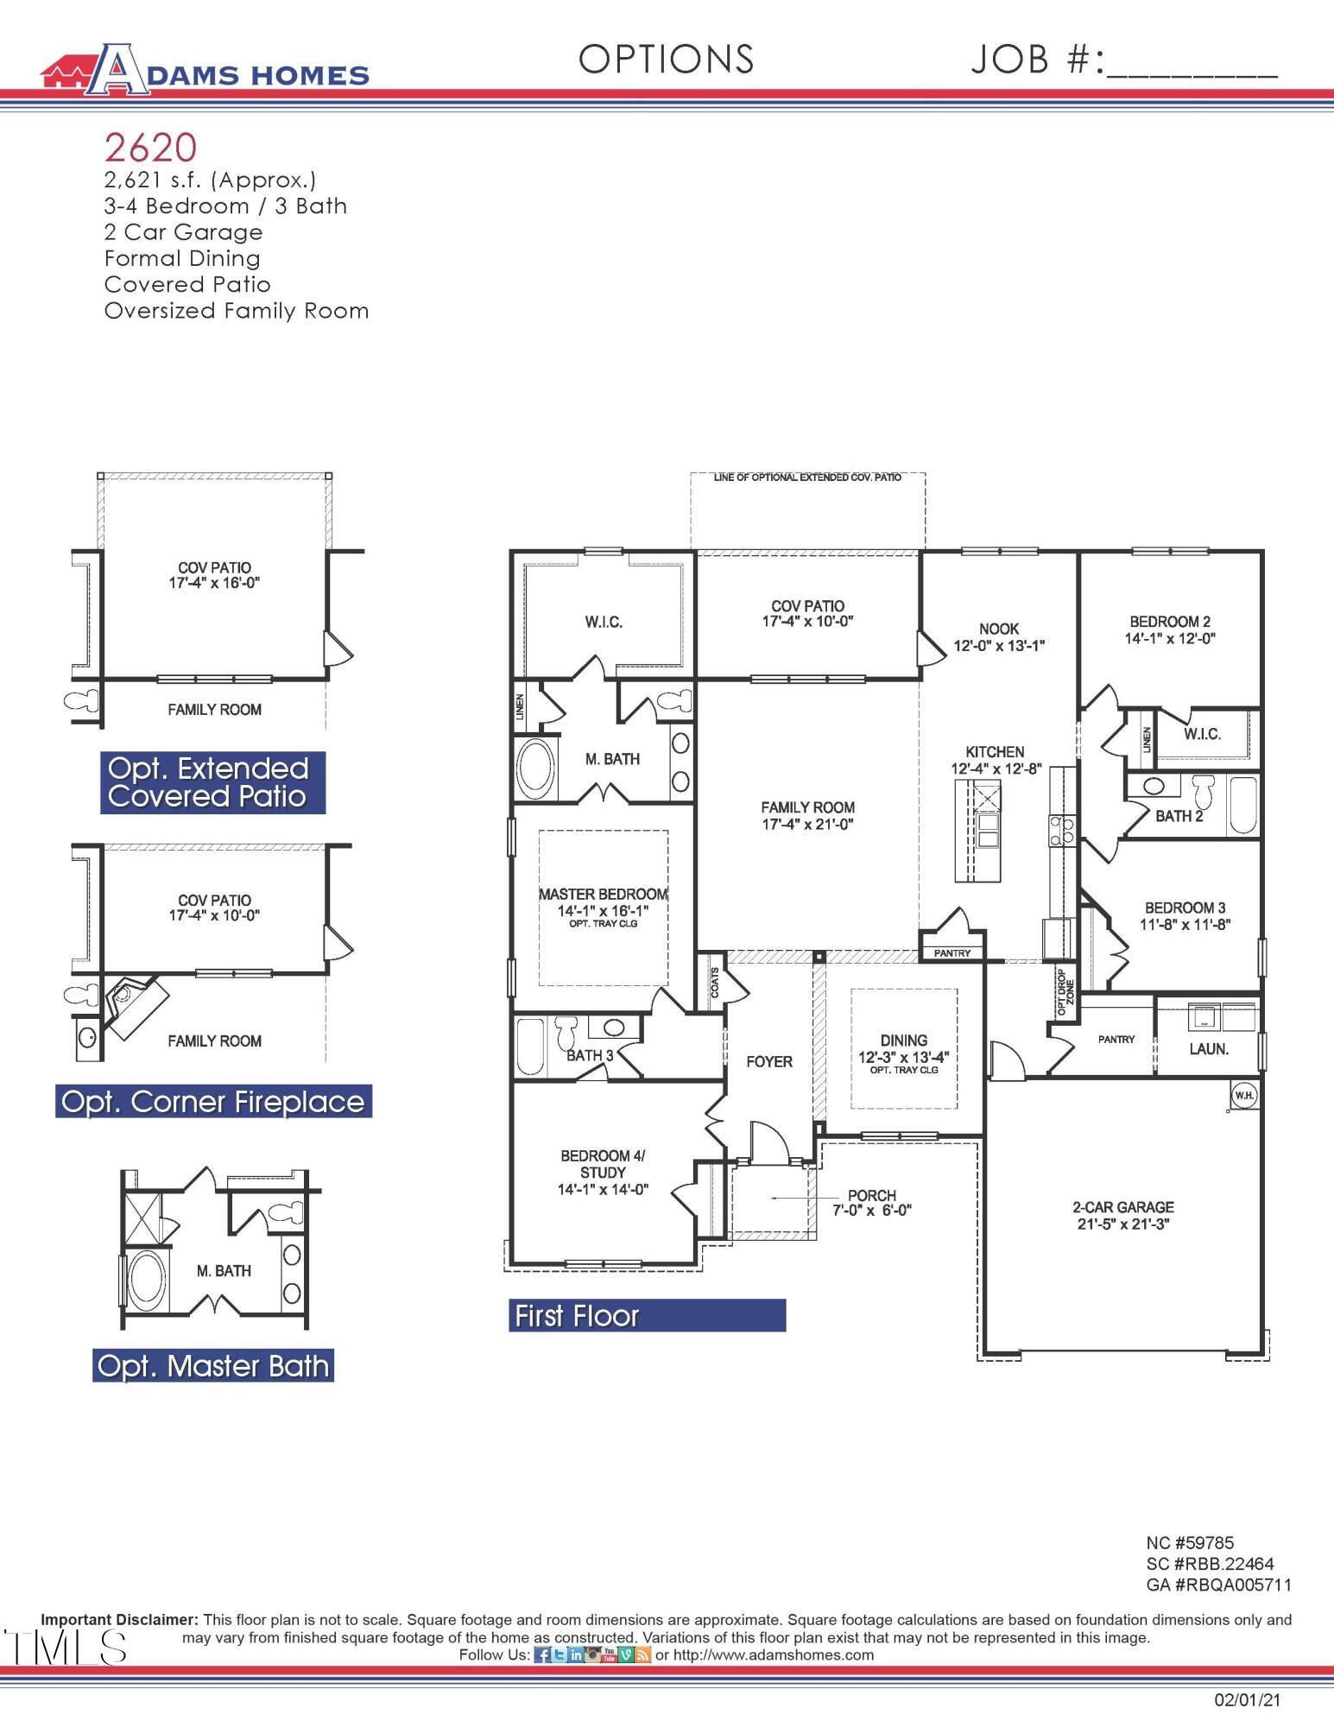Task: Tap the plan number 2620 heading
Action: tap(151, 148)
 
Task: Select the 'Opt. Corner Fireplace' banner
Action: tap(213, 1102)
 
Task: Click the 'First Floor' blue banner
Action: tap(647, 1315)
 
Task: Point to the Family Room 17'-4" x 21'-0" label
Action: tap(807, 815)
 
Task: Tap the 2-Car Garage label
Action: tap(1123, 1215)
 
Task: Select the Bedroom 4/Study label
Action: tap(603, 1172)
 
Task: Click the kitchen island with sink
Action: tap(977, 830)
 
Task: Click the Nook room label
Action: tap(999, 637)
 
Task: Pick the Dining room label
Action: tap(903, 1048)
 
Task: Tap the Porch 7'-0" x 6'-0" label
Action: tap(871, 1203)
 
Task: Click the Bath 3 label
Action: tap(590, 1055)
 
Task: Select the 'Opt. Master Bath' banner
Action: tap(213, 1366)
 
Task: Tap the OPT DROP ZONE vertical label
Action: tap(1065, 985)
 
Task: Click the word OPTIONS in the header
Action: tap(666, 59)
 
